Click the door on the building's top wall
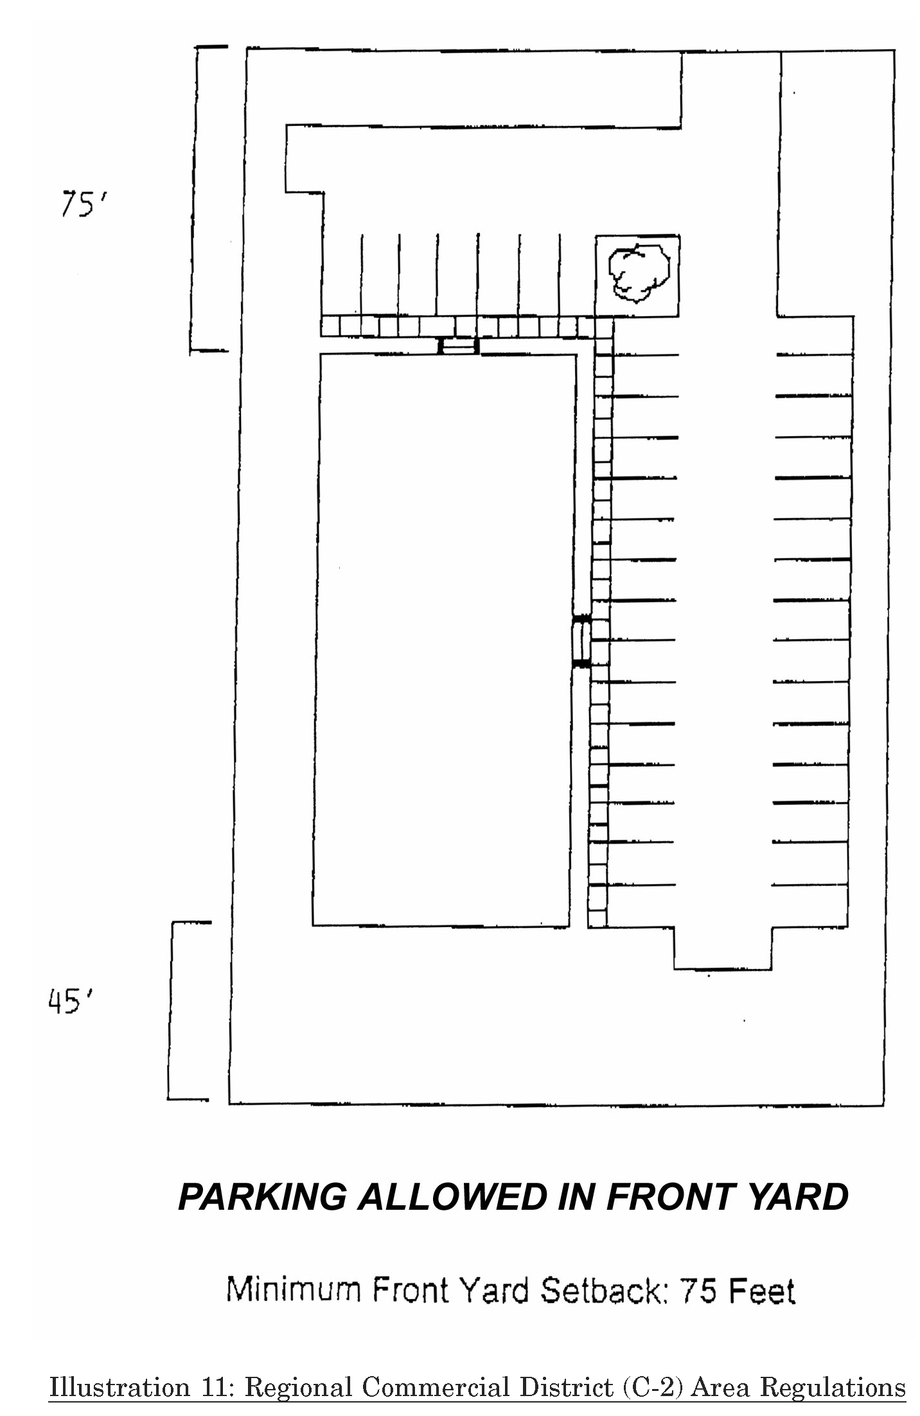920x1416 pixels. (x=458, y=346)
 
